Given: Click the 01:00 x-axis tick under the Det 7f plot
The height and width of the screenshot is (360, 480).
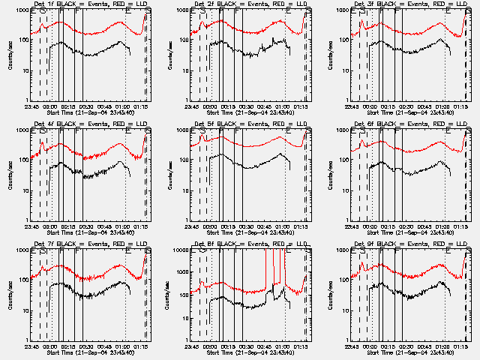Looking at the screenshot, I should pyautogui.click(x=125, y=343).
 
